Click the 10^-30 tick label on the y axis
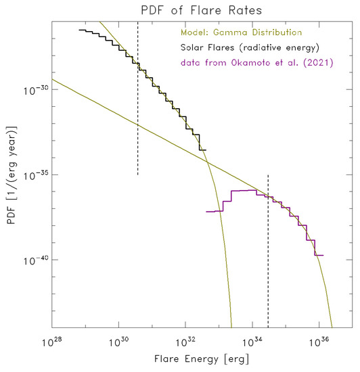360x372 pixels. pyautogui.click(x=37, y=89)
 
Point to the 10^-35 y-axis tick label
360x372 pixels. pyautogui.click(x=37, y=175)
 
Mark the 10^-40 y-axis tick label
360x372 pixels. pyautogui.click(x=37, y=260)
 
